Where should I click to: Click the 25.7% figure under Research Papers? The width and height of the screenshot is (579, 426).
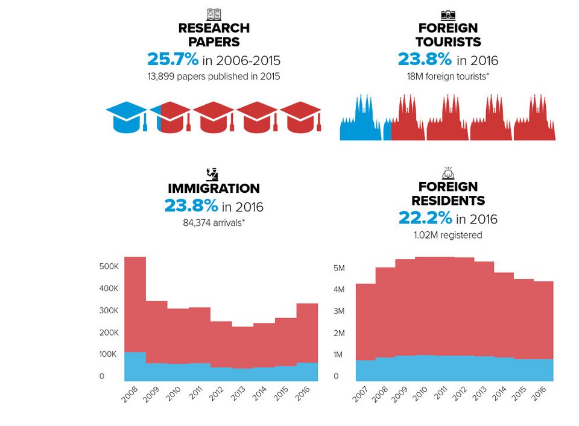(x=172, y=59)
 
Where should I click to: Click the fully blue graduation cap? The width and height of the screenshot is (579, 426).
(x=127, y=116)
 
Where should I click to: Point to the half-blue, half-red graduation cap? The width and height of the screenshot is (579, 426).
(x=169, y=116)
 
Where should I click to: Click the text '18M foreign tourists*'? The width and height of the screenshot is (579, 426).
(x=448, y=76)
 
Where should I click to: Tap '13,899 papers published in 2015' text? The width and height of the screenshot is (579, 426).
(x=214, y=76)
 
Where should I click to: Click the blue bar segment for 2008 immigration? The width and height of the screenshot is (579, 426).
(x=135, y=366)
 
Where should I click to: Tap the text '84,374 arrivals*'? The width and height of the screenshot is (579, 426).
(x=214, y=222)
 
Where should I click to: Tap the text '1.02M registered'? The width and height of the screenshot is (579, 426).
(x=448, y=235)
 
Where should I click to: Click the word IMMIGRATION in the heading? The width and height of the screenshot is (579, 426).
(x=214, y=189)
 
